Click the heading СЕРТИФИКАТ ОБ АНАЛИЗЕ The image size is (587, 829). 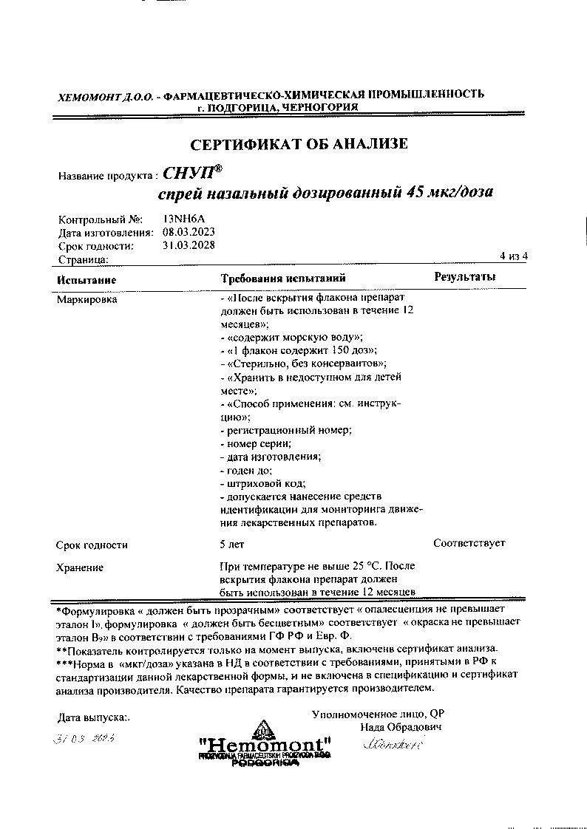299,143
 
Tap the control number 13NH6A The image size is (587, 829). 184,219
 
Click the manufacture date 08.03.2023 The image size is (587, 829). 189,232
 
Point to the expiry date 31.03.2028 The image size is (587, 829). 189,245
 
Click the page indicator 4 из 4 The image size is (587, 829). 514,256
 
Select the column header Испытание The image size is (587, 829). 86,279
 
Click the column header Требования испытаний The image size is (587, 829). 284,278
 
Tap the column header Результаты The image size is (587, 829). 464,276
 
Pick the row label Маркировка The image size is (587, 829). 86,299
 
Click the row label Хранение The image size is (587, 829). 80,567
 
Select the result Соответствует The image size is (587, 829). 469,543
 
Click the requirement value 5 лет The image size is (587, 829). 232,545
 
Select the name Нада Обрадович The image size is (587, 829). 401,727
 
